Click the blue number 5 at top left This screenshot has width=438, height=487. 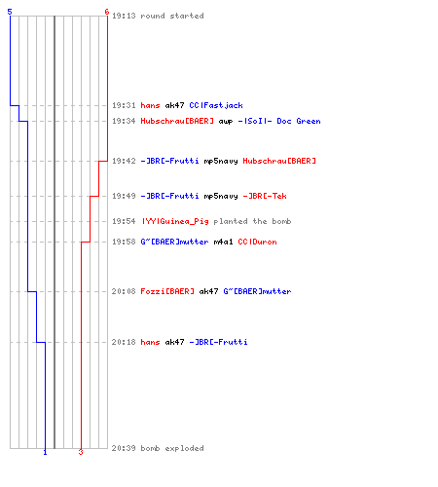tap(10, 12)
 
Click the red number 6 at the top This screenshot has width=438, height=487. tap(107, 12)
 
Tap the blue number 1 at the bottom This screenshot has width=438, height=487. tap(45, 452)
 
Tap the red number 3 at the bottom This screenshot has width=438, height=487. tap(81, 452)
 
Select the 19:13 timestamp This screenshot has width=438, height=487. tap(124, 16)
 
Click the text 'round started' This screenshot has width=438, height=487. tap(172, 16)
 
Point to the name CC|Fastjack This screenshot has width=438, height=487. tap(216, 105)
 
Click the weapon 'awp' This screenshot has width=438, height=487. tap(226, 122)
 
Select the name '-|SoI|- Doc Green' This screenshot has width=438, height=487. tap(279, 121)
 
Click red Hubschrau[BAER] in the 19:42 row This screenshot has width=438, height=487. tap(279, 161)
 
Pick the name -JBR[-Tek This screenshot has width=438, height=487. tap(265, 196)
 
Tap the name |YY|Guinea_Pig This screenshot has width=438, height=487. tap(175, 221)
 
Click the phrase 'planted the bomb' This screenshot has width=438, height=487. tap(252, 221)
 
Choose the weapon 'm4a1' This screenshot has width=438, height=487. tap(223, 242)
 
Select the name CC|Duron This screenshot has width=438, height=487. tap(257, 242)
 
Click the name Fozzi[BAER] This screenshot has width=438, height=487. tap(167, 291)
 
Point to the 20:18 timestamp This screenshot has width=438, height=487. tap(124, 342)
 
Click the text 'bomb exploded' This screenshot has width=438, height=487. tap(172, 448)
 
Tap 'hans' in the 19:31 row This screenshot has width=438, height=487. tap(150, 105)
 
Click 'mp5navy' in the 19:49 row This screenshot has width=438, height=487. tap(221, 197)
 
